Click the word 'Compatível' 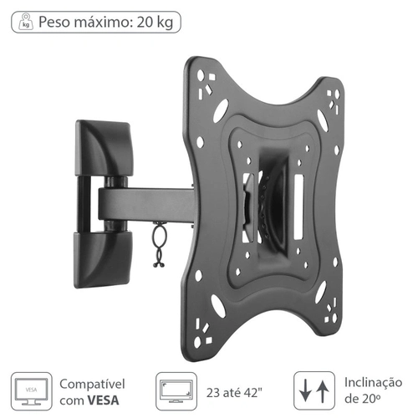click(x=91, y=383)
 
